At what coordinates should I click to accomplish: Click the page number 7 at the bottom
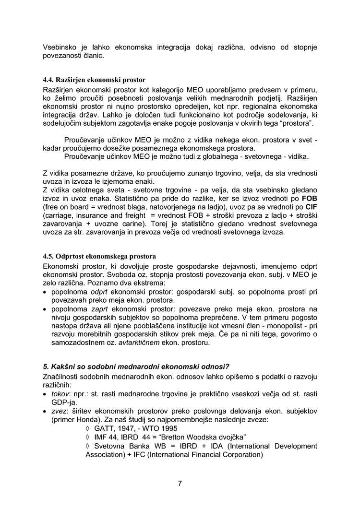180,483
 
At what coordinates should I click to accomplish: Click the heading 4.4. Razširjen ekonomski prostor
95,80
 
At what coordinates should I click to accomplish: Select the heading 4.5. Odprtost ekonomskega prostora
99,256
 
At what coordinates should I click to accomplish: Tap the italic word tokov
60,393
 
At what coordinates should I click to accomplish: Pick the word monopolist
279,326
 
